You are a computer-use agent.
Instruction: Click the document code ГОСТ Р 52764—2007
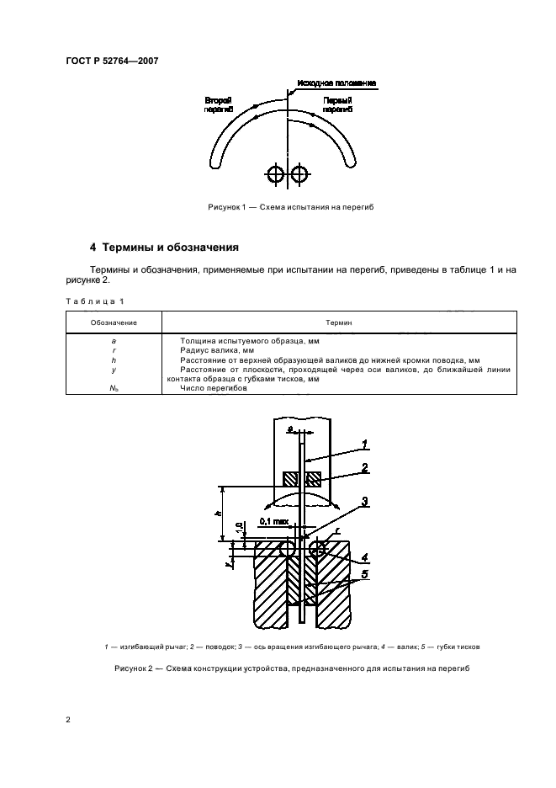[x=112, y=61]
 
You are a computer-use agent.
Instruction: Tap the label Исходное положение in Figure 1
[x=336, y=83]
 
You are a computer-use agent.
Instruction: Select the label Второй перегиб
[x=219, y=104]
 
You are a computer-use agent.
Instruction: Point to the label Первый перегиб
[x=337, y=104]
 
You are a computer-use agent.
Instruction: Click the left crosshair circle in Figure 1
[x=276, y=174]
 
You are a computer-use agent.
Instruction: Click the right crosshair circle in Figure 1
[x=299, y=174]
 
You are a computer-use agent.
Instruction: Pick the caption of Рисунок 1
[x=291, y=207]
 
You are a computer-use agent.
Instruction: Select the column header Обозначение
[x=114, y=322]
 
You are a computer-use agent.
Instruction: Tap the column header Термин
[x=338, y=322]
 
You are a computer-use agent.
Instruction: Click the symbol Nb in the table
[x=114, y=388]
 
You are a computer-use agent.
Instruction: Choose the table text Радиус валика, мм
[x=217, y=350]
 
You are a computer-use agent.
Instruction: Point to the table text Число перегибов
[x=214, y=388]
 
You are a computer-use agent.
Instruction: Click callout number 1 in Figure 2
[x=365, y=445]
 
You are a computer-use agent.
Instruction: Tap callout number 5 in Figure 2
[x=365, y=574]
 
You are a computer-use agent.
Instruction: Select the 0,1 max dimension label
[x=274, y=522]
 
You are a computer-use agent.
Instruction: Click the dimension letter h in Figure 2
[x=217, y=513]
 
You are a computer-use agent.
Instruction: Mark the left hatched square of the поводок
[x=290, y=479]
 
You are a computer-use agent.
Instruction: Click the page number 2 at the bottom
[x=68, y=720]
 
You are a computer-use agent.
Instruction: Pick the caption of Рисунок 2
[x=292, y=668]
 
